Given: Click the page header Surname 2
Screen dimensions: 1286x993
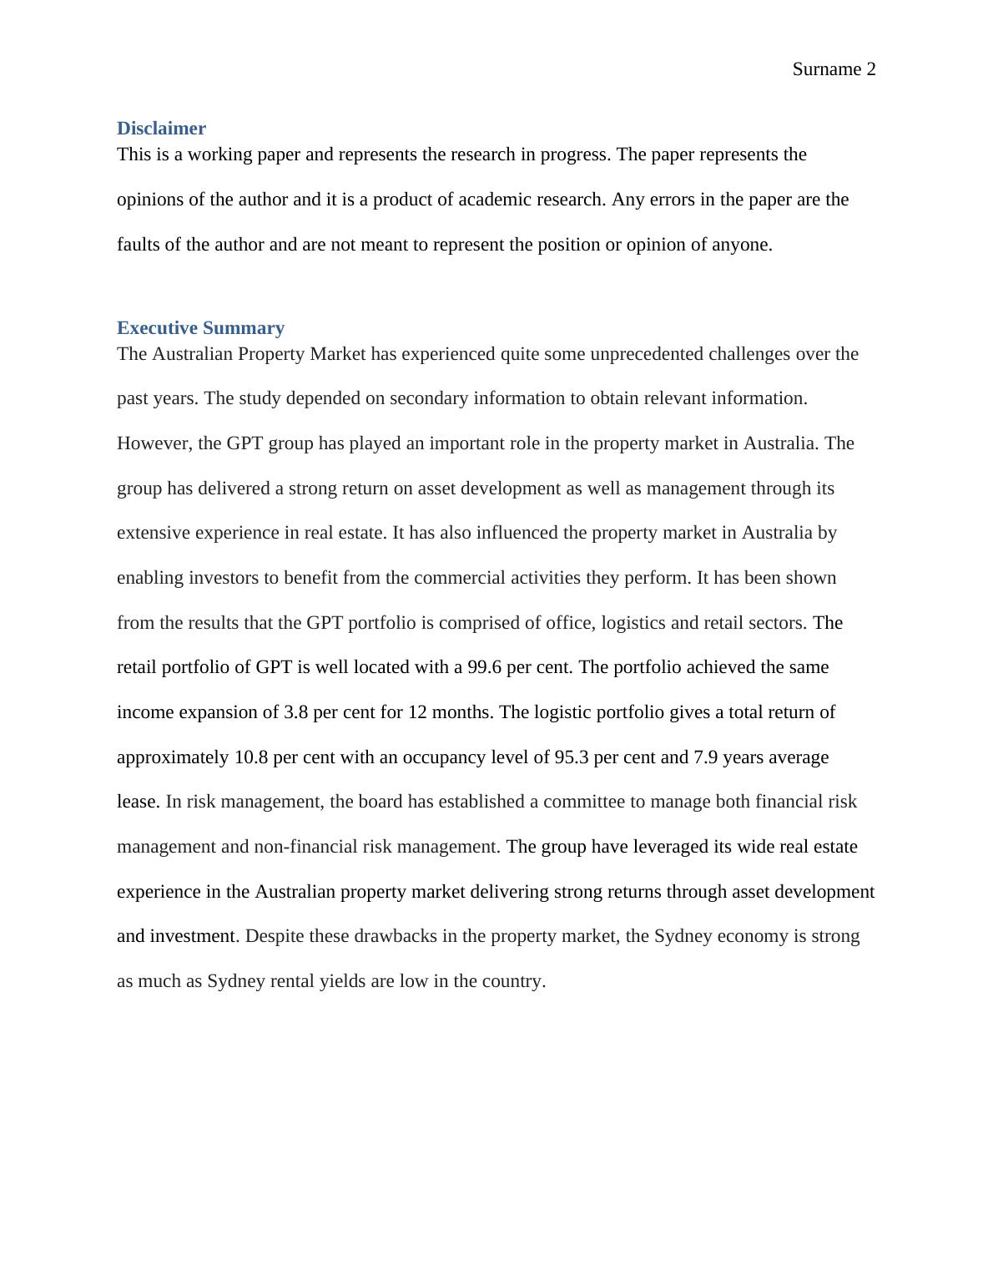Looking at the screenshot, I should (x=834, y=69).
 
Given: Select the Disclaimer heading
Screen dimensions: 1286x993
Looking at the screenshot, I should (x=161, y=129).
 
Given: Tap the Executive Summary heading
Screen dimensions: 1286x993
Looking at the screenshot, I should (x=200, y=327).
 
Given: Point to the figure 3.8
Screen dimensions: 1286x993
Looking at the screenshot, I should (x=295, y=712).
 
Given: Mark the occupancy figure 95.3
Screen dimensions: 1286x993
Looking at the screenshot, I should (x=572, y=757).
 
